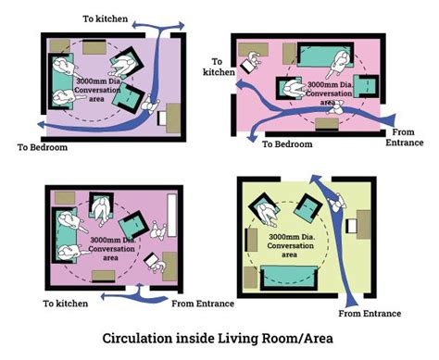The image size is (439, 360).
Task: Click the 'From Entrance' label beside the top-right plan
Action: pos(402,137)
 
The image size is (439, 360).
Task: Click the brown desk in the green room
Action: pos(364,228)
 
